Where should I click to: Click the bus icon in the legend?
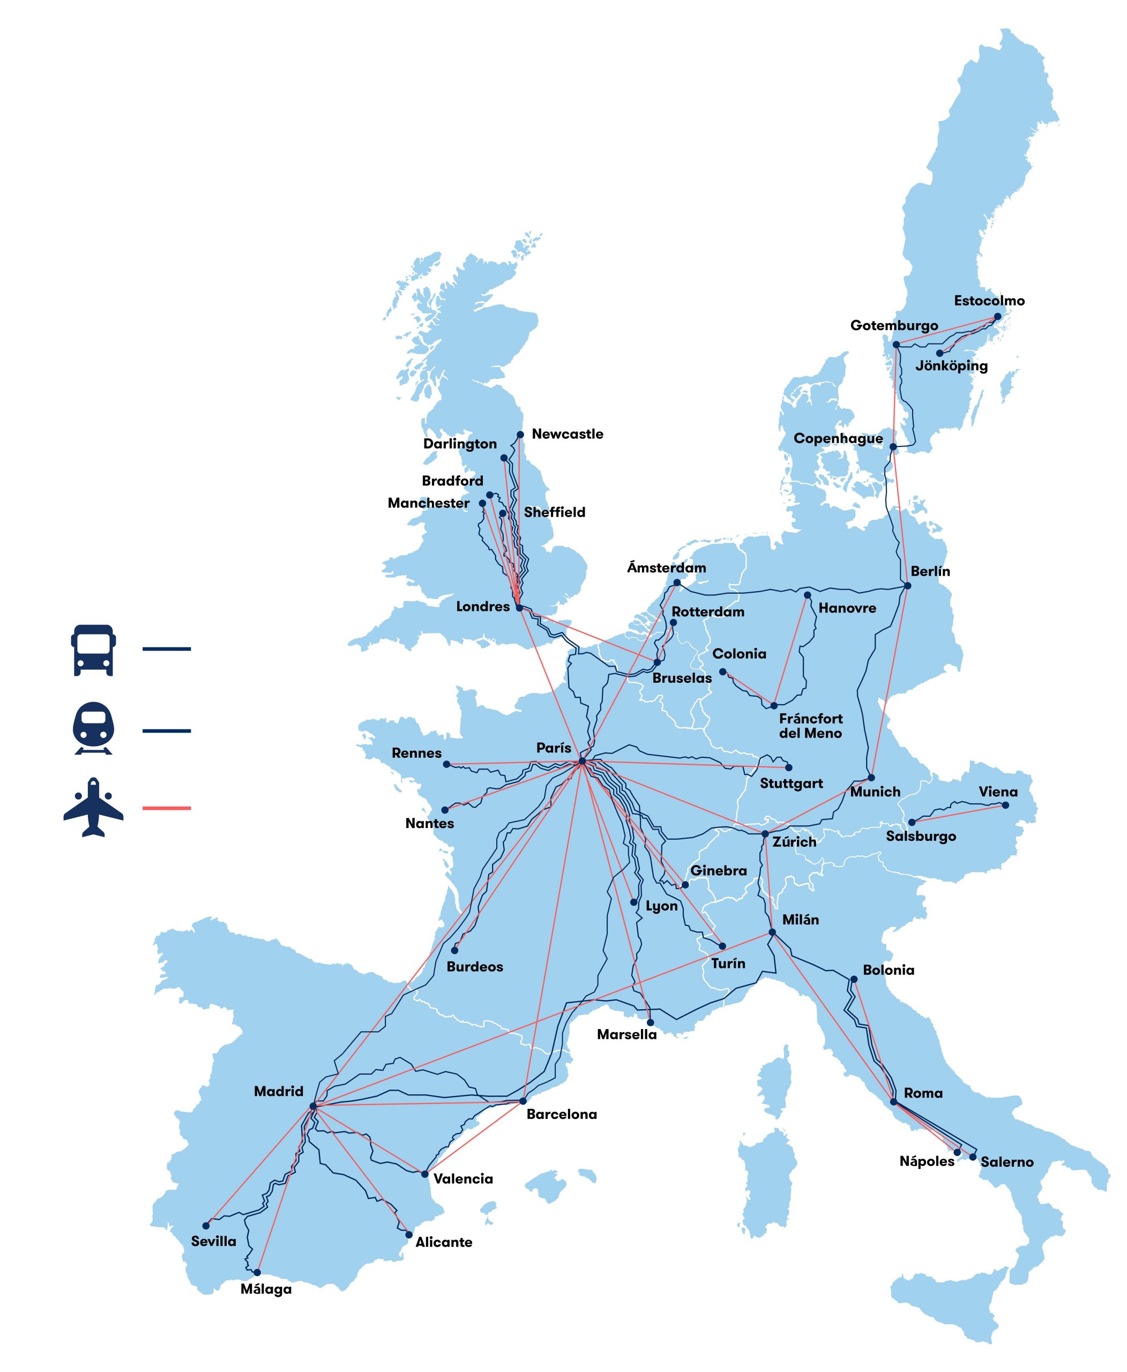point(93,650)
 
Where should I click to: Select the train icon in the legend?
point(93,728)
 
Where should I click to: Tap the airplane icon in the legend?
point(93,807)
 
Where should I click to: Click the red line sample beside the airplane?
point(166,808)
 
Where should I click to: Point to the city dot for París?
point(583,761)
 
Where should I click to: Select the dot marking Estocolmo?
point(998,317)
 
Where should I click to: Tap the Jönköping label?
point(951,366)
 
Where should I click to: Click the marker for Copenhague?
point(893,447)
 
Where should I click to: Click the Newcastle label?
point(567,434)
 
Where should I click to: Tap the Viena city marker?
point(1005,805)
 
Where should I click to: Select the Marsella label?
point(626,1034)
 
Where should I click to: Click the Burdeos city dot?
point(454,950)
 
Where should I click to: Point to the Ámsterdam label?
point(666,568)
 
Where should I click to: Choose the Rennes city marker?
point(446,764)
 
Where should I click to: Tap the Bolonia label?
point(888,970)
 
